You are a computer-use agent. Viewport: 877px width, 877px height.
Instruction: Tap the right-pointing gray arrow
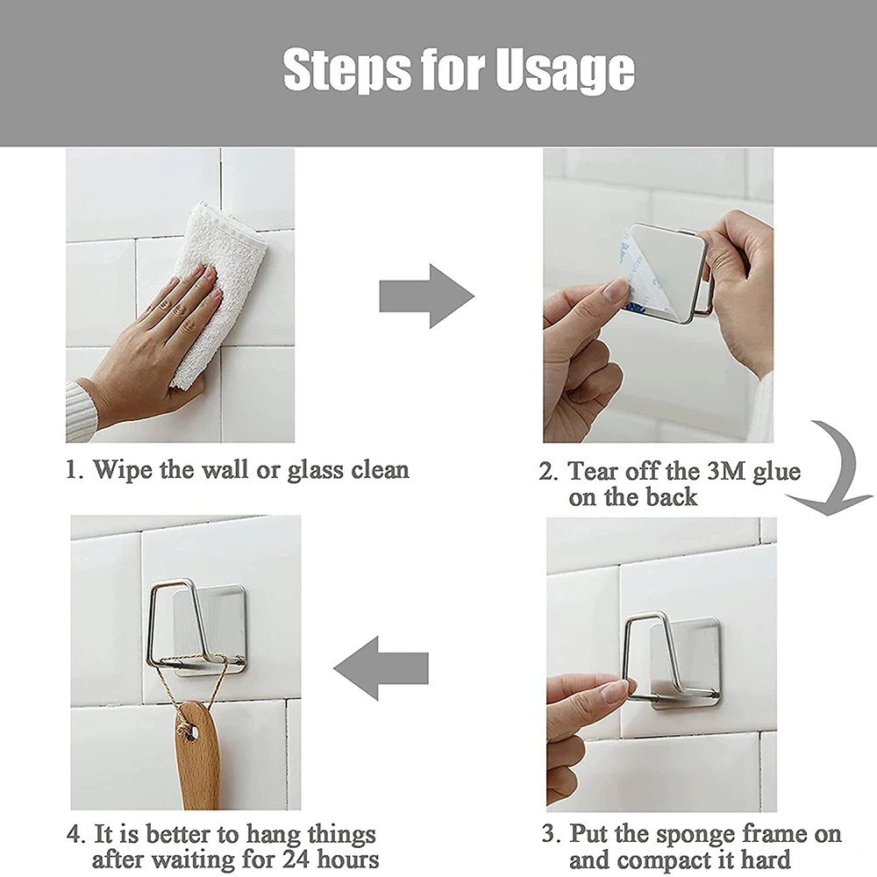[427, 296]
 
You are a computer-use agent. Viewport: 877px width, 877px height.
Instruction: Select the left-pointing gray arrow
[381, 667]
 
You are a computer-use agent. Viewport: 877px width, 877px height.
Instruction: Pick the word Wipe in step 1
[123, 470]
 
